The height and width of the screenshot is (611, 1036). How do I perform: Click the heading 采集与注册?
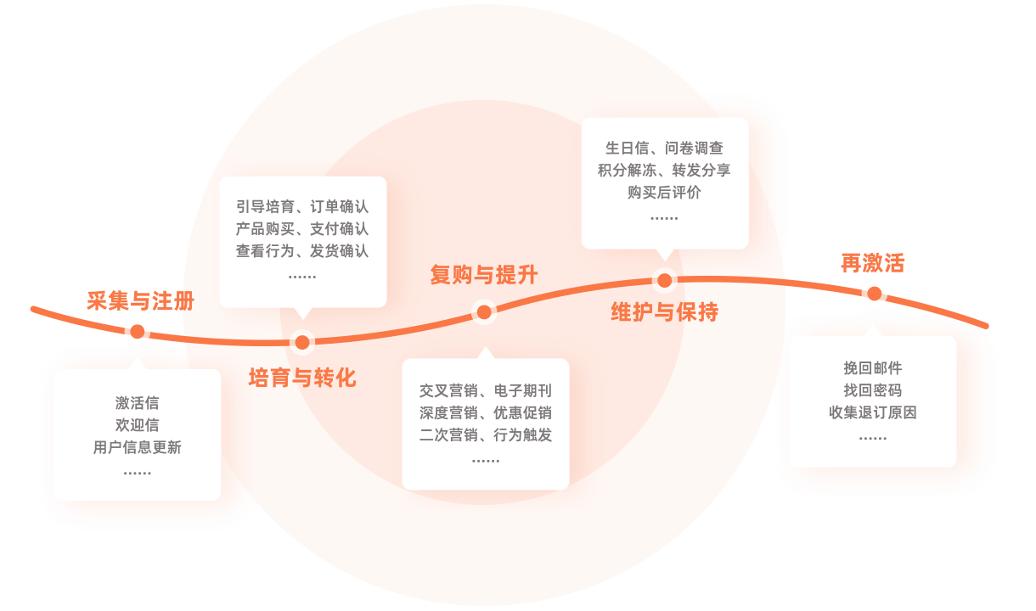(141, 301)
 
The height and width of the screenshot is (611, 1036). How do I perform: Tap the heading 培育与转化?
(302, 378)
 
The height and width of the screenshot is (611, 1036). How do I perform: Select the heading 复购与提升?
(484, 275)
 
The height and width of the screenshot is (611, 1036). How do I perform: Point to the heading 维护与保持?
(665, 312)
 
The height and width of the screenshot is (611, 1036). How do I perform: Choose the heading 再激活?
(872, 263)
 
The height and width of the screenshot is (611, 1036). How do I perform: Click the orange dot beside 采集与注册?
(138, 331)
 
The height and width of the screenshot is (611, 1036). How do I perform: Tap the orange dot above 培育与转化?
(302, 343)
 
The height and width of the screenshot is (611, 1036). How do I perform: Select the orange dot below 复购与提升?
(484, 312)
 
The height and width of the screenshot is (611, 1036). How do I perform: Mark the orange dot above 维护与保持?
(665, 280)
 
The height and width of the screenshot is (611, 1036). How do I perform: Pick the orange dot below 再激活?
(874, 294)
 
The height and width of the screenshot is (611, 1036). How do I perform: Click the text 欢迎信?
(138, 425)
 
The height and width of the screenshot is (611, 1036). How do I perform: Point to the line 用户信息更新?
(138, 447)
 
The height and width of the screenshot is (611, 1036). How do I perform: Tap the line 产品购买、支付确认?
(302, 229)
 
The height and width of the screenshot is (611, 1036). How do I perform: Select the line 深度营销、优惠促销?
(486, 412)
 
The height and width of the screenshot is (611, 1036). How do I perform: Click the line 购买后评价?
(665, 193)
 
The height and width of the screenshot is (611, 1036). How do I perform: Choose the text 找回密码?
(873, 390)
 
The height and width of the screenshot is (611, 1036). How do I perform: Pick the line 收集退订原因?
(873, 412)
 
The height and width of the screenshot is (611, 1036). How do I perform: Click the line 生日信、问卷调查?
(665, 148)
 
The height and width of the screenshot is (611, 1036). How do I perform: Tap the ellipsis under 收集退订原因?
(873, 438)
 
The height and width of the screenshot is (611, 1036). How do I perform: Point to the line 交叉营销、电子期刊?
(486, 390)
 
